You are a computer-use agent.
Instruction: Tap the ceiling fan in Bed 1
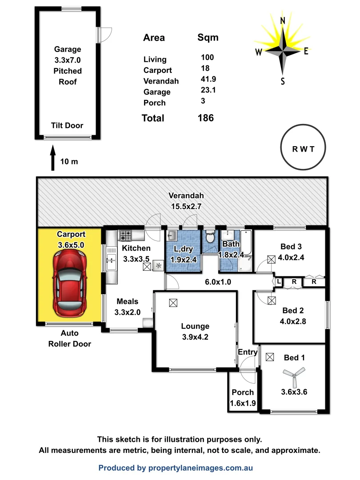tap(294, 375)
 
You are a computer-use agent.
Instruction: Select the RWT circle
tap(303, 148)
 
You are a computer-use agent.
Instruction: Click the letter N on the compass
tap(282, 20)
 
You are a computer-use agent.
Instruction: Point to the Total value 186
tap(205, 118)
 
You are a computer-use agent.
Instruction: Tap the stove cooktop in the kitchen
tap(125, 235)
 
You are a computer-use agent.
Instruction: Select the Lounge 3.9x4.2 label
tap(195, 332)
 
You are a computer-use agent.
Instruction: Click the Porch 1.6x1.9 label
tap(243, 397)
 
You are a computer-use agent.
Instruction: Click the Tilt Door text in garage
tap(67, 125)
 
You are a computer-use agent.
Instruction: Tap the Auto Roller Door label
tap(69, 338)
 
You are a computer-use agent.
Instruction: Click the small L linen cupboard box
tap(279, 282)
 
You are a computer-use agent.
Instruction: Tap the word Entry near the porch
tap(248, 352)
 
